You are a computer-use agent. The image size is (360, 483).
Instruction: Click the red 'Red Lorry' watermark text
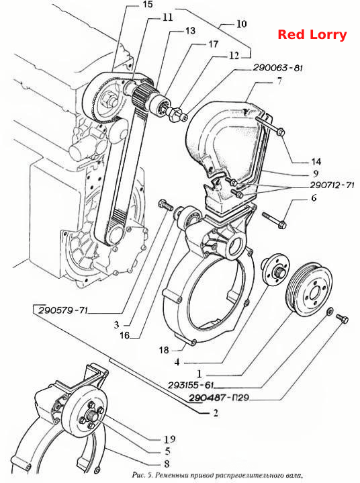(x=312, y=34)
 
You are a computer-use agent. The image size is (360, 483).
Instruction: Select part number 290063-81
(x=278, y=68)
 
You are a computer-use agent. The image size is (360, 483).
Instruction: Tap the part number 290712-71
(x=332, y=185)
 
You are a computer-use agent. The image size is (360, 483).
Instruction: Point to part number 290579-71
(x=63, y=310)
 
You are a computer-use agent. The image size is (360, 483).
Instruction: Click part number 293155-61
(x=191, y=385)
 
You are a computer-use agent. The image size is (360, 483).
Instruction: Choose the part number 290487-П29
(x=219, y=398)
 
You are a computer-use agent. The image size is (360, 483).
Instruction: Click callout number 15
(x=148, y=5)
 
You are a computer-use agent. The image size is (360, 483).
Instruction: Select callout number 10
(x=241, y=24)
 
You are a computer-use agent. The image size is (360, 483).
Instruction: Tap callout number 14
(x=316, y=161)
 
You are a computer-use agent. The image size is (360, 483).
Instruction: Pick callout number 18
(x=164, y=350)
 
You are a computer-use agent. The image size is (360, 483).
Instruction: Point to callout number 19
(x=169, y=439)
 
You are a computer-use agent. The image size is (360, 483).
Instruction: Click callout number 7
(x=279, y=81)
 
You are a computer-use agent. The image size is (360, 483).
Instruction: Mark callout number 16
(x=124, y=335)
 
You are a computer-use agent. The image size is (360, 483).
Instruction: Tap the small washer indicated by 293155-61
(x=329, y=312)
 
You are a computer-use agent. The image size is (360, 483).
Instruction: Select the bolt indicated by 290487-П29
(x=342, y=318)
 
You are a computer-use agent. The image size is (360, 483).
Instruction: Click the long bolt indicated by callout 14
(x=271, y=126)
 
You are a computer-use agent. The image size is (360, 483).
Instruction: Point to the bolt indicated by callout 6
(x=274, y=220)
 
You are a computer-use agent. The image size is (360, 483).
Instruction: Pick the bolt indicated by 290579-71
(x=166, y=205)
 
